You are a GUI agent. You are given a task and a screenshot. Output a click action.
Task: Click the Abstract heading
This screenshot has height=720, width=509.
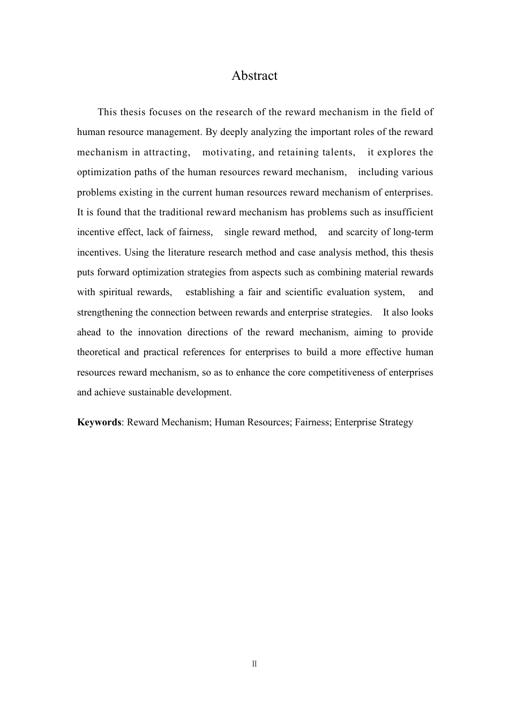pos(254,76)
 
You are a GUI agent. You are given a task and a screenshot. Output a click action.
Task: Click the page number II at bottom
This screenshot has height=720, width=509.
pos(254,664)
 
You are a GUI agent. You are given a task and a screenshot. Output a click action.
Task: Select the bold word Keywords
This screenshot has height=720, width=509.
pos(99,422)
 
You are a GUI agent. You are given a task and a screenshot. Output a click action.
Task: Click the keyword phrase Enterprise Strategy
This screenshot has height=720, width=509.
pos(374,422)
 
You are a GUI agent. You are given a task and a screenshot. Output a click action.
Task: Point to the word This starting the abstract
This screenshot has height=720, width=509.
pos(107,112)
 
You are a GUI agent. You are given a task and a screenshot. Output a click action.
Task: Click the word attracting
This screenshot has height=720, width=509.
pos(166,152)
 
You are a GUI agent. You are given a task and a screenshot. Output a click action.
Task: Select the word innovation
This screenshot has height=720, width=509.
pos(159,333)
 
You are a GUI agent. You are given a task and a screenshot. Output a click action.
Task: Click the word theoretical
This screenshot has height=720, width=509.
pos(101,352)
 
